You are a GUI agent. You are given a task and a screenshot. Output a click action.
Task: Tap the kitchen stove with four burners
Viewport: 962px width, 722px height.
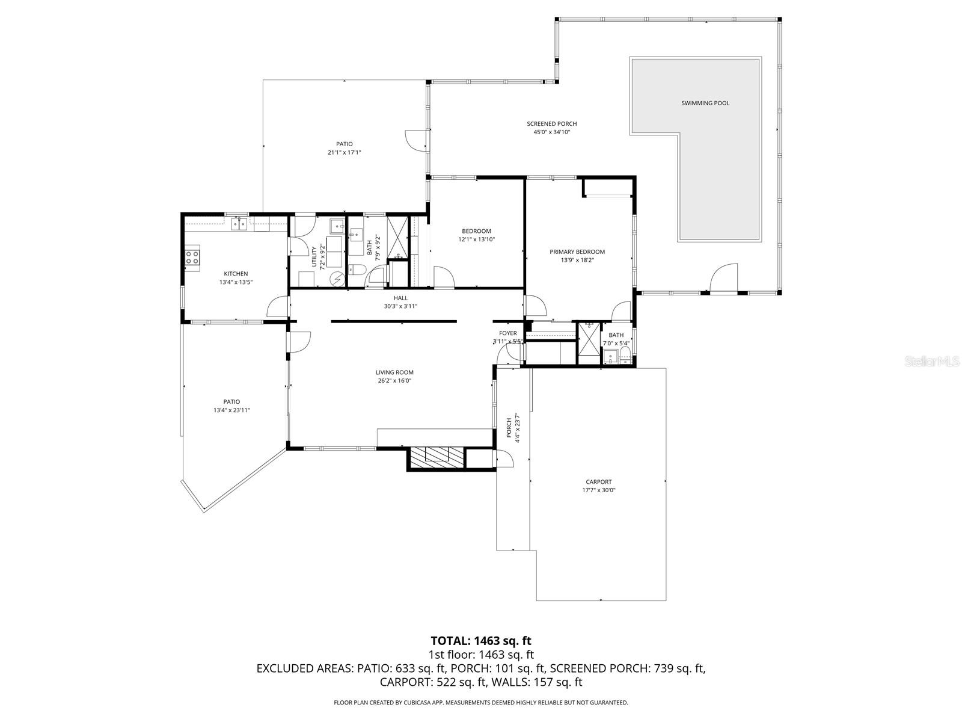tap(192, 258)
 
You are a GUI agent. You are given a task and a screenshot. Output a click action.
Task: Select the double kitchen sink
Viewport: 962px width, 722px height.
tap(240, 224)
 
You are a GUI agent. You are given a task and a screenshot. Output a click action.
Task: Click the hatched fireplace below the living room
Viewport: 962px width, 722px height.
tap(437, 458)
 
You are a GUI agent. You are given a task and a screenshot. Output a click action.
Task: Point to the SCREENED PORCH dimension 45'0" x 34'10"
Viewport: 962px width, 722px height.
tap(551, 132)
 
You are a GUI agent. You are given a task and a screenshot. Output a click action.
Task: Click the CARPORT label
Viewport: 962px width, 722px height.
tap(598, 481)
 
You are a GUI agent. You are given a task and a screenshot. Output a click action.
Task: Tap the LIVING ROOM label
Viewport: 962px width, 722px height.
tap(394, 372)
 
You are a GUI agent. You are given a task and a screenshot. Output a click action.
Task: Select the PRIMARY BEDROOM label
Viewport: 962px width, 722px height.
tap(577, 252)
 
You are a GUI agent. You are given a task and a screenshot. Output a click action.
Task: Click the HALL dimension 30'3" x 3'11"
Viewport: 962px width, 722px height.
tap(400, 306)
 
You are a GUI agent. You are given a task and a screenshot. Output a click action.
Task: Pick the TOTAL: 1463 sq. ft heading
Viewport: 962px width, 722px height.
tap(481, 641)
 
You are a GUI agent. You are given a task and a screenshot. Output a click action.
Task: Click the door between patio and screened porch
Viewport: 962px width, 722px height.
tap(417, 141)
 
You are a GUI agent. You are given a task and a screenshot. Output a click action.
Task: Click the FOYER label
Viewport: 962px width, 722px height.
tap(507, 333)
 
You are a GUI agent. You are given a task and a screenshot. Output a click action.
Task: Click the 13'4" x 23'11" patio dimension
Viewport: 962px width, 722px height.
tap(231, 410)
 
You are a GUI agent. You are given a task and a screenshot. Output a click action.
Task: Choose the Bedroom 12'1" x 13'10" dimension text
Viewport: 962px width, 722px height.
tap(476, 239)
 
